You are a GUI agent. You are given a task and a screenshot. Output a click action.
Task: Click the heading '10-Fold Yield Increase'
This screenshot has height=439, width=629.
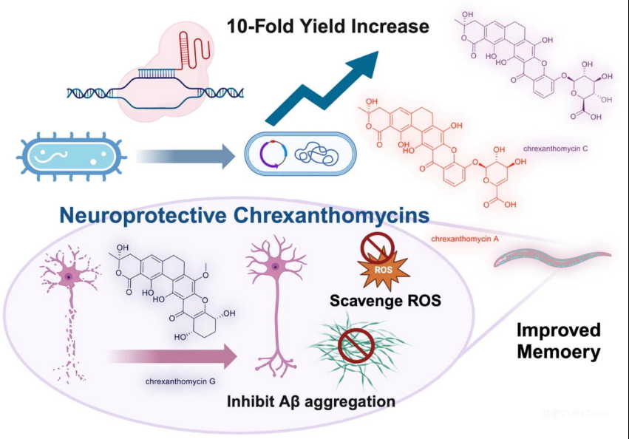[x=327, y=27]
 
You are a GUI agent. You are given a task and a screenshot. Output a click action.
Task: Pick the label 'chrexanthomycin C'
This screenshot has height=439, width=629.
[x=555, y=149]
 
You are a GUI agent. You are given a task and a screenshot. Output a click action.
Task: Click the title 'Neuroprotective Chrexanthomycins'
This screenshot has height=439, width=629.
[x=245, y=216]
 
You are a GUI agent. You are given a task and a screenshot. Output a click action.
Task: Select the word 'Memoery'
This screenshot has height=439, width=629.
[x=558, y=352]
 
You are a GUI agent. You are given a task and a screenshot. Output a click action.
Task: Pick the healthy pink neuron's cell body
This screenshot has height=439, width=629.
[x=275, y=266]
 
